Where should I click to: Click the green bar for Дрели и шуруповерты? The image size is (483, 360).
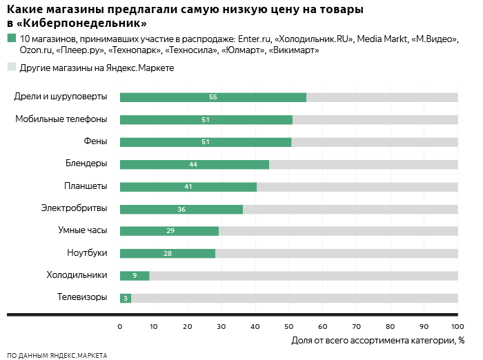pyautogui.click(x=213, y=97)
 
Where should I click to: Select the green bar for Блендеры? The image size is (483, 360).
pyautogui.click(x=194, y=164)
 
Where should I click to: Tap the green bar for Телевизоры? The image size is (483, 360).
pyautogui.click(x=125, y=298)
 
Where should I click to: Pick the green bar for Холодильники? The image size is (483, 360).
pyautogui.click(x=135, y=276)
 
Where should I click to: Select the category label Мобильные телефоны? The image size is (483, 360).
pyautogui.click(x=61, y=119)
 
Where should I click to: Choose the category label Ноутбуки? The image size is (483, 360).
pyautogui.click(x=87, y=253)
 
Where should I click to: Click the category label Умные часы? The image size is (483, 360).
pyautogui.click(x=82, y=230)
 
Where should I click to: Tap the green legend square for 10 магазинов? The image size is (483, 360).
pyautogui.click(x=11, y=39)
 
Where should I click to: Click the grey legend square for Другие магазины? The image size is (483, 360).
pyautogui.click(x=11, y=67)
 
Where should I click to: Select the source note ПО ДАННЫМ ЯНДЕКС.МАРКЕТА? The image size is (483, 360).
pyautogui.click(x=57, y=355)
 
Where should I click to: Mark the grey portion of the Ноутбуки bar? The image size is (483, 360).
pyautogui.click(x=336, y=254)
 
